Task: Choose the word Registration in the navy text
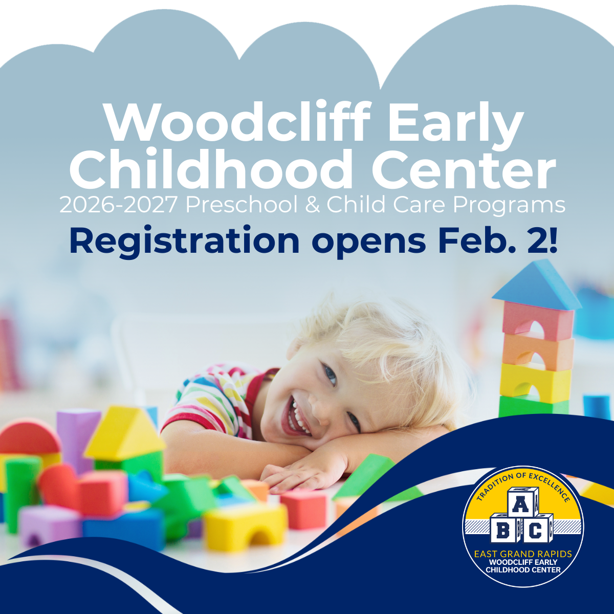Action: (184, 240)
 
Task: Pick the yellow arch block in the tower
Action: (535, 381)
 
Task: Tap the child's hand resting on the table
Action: (297, 473)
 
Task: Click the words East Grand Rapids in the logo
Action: (523, 554)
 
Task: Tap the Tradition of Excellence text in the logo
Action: (522, 484)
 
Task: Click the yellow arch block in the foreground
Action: (246, 527)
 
